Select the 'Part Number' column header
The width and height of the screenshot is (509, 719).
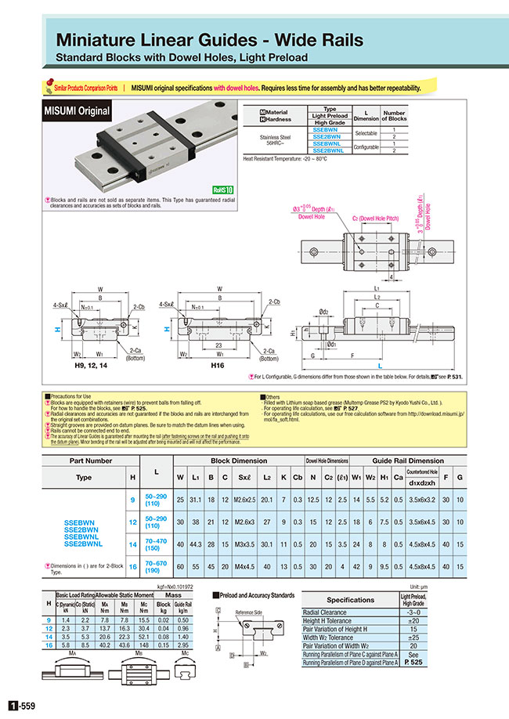click(x=91, y=461)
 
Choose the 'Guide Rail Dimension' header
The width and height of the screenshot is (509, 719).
click(x=408, y=461)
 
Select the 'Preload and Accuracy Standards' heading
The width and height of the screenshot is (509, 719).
click(x=258, y=594)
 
